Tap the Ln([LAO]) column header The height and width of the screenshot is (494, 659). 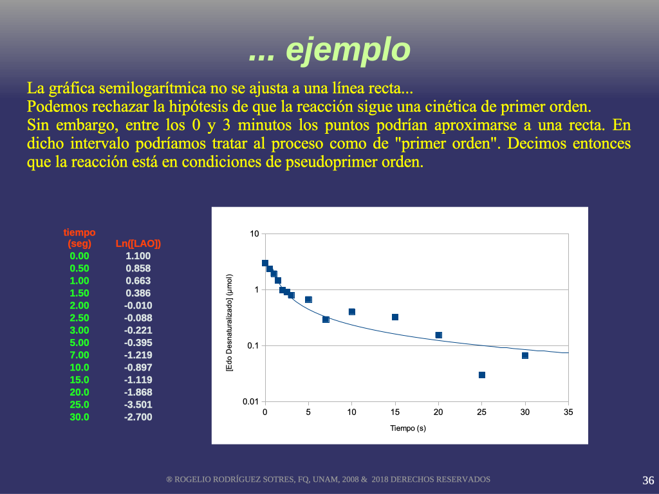(138, 244)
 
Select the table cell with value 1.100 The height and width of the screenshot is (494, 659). (138, 256)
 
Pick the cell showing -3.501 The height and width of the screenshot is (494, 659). (138, 405)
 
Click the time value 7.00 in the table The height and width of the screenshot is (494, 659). (79, 355)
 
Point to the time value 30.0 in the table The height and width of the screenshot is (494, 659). (79, 417)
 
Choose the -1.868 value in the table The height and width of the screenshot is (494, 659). (138, 392)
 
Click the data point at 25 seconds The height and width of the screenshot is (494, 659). (482, 375)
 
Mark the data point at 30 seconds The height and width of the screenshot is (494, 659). (525, 355)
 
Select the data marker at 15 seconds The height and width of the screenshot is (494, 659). (395, 317)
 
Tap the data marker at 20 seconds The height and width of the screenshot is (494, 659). (439, 335)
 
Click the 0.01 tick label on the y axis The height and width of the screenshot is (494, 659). (250, 402)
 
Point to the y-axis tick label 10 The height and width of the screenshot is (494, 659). (255, 234)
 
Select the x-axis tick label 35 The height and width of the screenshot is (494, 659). (568, 412)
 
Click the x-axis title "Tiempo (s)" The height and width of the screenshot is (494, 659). (408, 428)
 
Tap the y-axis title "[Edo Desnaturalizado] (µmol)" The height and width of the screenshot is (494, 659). (230, 323)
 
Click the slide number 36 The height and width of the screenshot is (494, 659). (648, 480)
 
